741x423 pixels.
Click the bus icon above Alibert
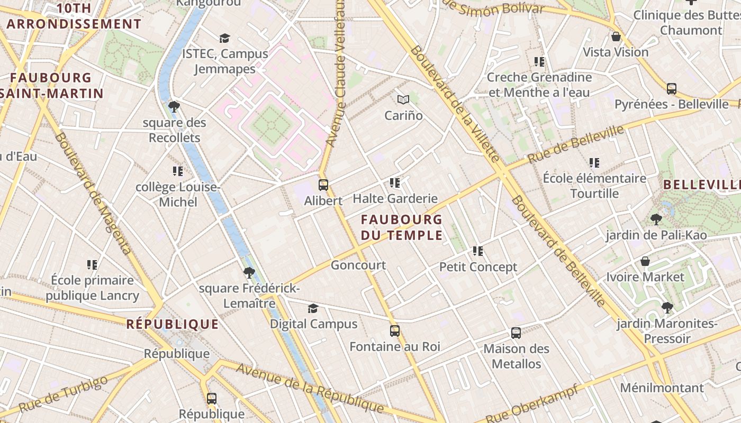(323, 185)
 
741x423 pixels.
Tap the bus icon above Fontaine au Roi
(395, 331)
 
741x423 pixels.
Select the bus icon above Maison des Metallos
(516, 333)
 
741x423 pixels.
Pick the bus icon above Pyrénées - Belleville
(672, 89)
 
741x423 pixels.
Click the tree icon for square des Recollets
(174, 107)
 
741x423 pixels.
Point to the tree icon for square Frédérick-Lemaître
(249, 273)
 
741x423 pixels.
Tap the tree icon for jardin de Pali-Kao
(656, 219)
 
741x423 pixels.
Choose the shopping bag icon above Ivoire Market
(645, 261)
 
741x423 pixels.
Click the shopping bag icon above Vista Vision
(616, 36)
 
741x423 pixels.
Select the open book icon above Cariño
(403, 99)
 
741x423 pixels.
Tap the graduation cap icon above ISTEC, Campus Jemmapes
(225, 38)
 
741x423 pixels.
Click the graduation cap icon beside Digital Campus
(313, 308)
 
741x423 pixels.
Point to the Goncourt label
(358, 265)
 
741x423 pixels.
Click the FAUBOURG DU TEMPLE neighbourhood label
(402, 227)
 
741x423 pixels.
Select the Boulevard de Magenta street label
(92, 194)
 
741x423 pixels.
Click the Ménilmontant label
(662, 388)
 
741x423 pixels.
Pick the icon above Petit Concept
(478, 251)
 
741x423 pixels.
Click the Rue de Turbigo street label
(64, 394)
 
